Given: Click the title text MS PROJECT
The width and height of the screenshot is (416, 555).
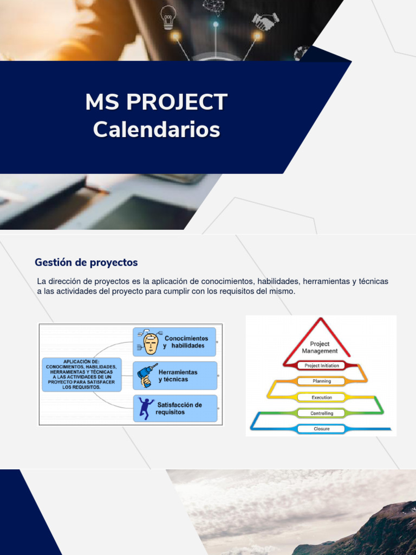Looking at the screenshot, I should tap(156, 102).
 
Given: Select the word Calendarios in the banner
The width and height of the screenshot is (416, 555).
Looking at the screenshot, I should tap(156, 130).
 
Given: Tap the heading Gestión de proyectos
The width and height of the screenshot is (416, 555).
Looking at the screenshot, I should tap(86, 262).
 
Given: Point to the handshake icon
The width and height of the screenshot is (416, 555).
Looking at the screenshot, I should tap(265, 22).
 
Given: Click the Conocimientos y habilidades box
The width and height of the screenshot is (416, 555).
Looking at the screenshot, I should tap(174, 341).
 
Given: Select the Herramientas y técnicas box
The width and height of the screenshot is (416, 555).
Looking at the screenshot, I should tap(174, 376).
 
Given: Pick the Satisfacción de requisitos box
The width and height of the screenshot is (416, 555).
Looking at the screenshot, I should tap(174, 409).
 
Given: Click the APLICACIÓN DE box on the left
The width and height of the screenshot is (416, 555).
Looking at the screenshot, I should tap(81, 374).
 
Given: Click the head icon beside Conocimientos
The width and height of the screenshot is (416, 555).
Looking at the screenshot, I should tap(150, 342).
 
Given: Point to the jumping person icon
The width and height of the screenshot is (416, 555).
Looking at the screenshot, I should tap(146, 408).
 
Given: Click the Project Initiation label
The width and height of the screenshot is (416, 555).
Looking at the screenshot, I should tap(322, 365).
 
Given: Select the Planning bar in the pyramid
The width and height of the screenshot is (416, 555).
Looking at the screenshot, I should tap(322, 381).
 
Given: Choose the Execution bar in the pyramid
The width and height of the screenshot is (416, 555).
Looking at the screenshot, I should tap(322, 397).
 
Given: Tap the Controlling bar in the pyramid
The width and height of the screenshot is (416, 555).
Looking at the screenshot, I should tap(322, 413).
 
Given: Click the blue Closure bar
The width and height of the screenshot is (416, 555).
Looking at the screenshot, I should tap(322, 429).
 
